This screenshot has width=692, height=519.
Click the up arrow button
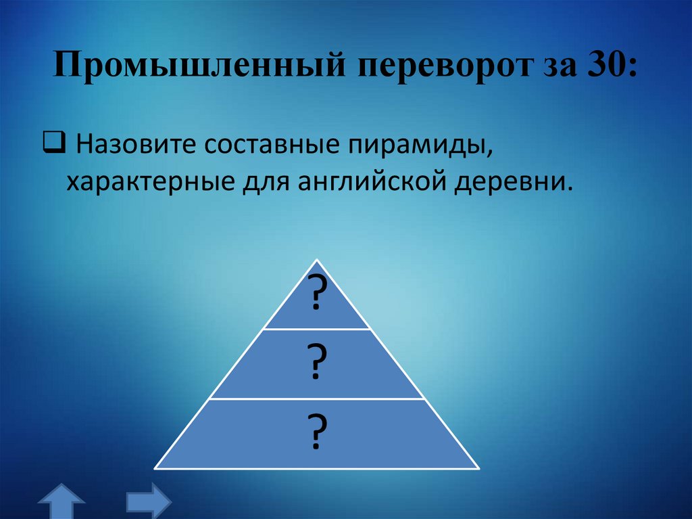[61, 502]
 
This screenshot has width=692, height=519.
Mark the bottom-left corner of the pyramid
[155, 468]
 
